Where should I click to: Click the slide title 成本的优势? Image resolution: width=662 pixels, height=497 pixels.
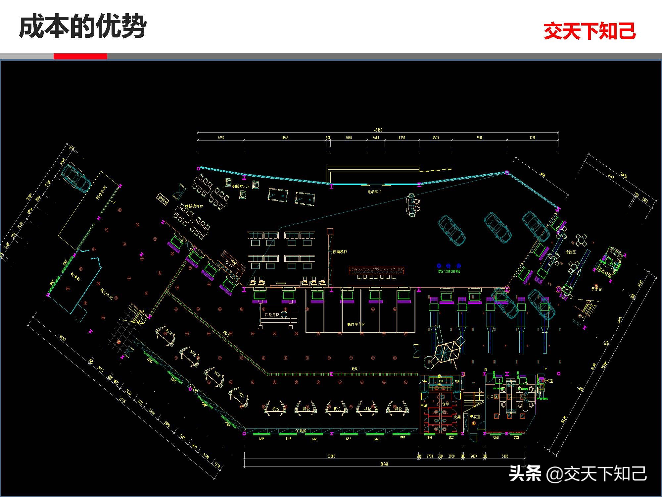point(83,27)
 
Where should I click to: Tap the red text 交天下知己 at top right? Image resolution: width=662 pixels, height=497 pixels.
point(590,31)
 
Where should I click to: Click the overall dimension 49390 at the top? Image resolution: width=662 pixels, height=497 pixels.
point(378,130)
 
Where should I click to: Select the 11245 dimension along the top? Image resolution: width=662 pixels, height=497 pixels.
point(285,138)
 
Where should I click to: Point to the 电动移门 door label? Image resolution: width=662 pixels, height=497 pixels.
point(374,192)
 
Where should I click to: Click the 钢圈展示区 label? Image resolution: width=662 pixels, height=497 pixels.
point(241,187)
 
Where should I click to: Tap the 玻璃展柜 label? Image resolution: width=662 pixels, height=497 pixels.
point(340,252)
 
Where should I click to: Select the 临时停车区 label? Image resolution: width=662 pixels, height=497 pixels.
point(356,324)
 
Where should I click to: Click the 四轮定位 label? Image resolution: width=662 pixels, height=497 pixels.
point(272,314)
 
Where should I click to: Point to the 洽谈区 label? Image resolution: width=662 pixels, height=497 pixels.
point(570,252)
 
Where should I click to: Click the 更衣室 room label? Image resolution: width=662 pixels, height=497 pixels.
point(475,416)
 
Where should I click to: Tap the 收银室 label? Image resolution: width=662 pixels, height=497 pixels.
point(548,381)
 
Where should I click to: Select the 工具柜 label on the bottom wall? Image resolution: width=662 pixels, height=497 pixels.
point(301,431)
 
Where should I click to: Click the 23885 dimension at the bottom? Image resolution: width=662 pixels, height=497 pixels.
point(331,456)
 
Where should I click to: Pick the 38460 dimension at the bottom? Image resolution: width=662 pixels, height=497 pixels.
point(384,464)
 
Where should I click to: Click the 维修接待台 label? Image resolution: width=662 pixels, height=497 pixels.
point(194,206)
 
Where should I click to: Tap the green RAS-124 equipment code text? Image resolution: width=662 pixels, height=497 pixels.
point(449,271)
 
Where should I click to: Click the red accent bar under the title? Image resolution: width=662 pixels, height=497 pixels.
point(80,56)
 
